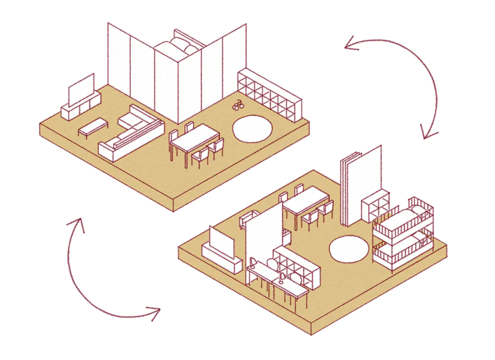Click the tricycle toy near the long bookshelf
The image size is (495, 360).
[x=238, y=106]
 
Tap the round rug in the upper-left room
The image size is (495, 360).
[x=252, y=128]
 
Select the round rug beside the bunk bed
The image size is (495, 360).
[x=349, y=250]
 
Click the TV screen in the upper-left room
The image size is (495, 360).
[x=81, y=89]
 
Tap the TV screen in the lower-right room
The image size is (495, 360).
[x=223, y=243]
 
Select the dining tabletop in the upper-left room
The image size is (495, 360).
[x=194, y=138]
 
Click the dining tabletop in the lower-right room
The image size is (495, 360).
[x=306, y=200]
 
